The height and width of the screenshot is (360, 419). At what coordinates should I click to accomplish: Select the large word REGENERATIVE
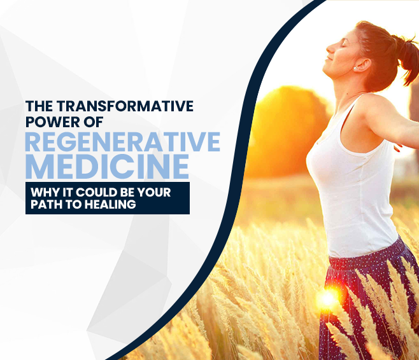pyautogui.click(x=122, y=142)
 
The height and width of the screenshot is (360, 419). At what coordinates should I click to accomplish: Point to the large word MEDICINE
pyautogui.click(x=107, y=167)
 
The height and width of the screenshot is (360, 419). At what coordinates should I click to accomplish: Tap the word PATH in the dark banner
pyautogui.click(x=45, y=205)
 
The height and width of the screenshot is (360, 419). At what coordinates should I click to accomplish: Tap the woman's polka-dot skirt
pyautogui.click(x=363, y=299)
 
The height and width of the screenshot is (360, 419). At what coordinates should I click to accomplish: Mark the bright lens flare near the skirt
pyautogui.click(x=328, y=299)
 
